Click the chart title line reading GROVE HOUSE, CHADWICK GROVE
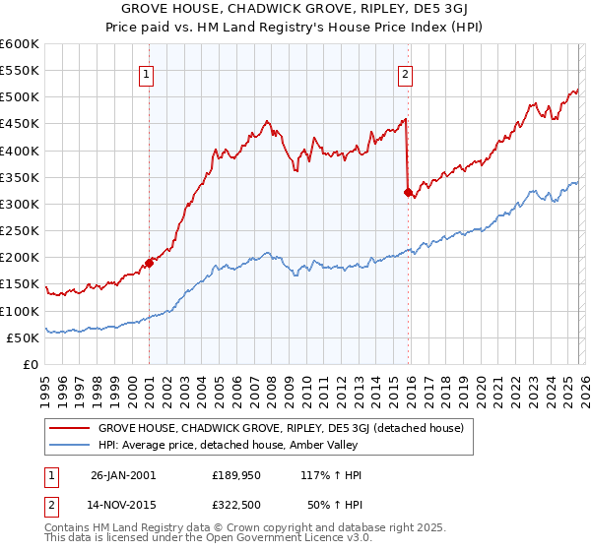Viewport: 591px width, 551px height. pyautogui.click(x=295, y=9)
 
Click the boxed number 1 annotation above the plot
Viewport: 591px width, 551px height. pyautogui.click(x=145, y=72)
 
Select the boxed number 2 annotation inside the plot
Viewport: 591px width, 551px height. pyautogui.click(x=405, y=72)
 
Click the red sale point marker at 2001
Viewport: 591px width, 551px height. pyautogui.click(x=150, y=263)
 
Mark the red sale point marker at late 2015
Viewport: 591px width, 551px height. pyautogui.click(x=408, y=192)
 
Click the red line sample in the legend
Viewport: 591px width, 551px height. pyautogui.click(x=69, y=428)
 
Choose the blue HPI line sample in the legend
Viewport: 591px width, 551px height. pyautogui.click(x=69, y=445)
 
